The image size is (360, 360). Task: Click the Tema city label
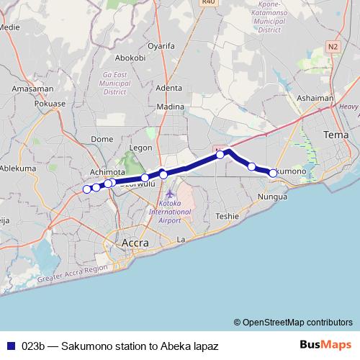click(336, 135)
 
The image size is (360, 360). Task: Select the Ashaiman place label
click(315, 98)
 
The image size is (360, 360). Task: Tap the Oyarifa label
click(161, 46)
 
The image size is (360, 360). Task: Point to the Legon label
click(140, 148)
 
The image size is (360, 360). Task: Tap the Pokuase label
click(50, 103)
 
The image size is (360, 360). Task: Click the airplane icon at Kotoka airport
click(169, 194)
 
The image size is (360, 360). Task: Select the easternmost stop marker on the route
click(273, 173)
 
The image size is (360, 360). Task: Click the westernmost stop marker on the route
click(87, 189)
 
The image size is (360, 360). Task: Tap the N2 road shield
click(332, 46)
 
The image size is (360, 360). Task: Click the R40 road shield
click(208, 2)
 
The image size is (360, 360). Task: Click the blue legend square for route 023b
click(10, 346)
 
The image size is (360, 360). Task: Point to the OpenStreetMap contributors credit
click(294, 322)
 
